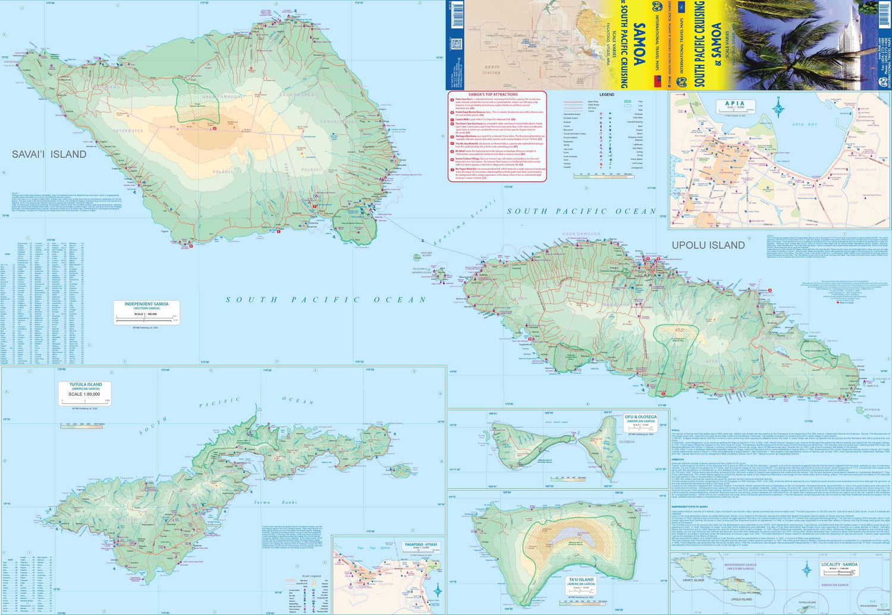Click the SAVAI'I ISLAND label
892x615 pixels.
[49, 154]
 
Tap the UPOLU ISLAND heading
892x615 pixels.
[708, 245]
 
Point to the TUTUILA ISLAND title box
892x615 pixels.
[86, 393]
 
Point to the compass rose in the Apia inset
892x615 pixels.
[778, 109]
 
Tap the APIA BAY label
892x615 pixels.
[806, 124]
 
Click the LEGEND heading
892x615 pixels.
[607, 94]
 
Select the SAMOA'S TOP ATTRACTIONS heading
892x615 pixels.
[493, 94]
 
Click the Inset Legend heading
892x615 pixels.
[310, 576]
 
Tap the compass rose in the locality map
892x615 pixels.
[807, 569]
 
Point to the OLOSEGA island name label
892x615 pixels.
[627, 441]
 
